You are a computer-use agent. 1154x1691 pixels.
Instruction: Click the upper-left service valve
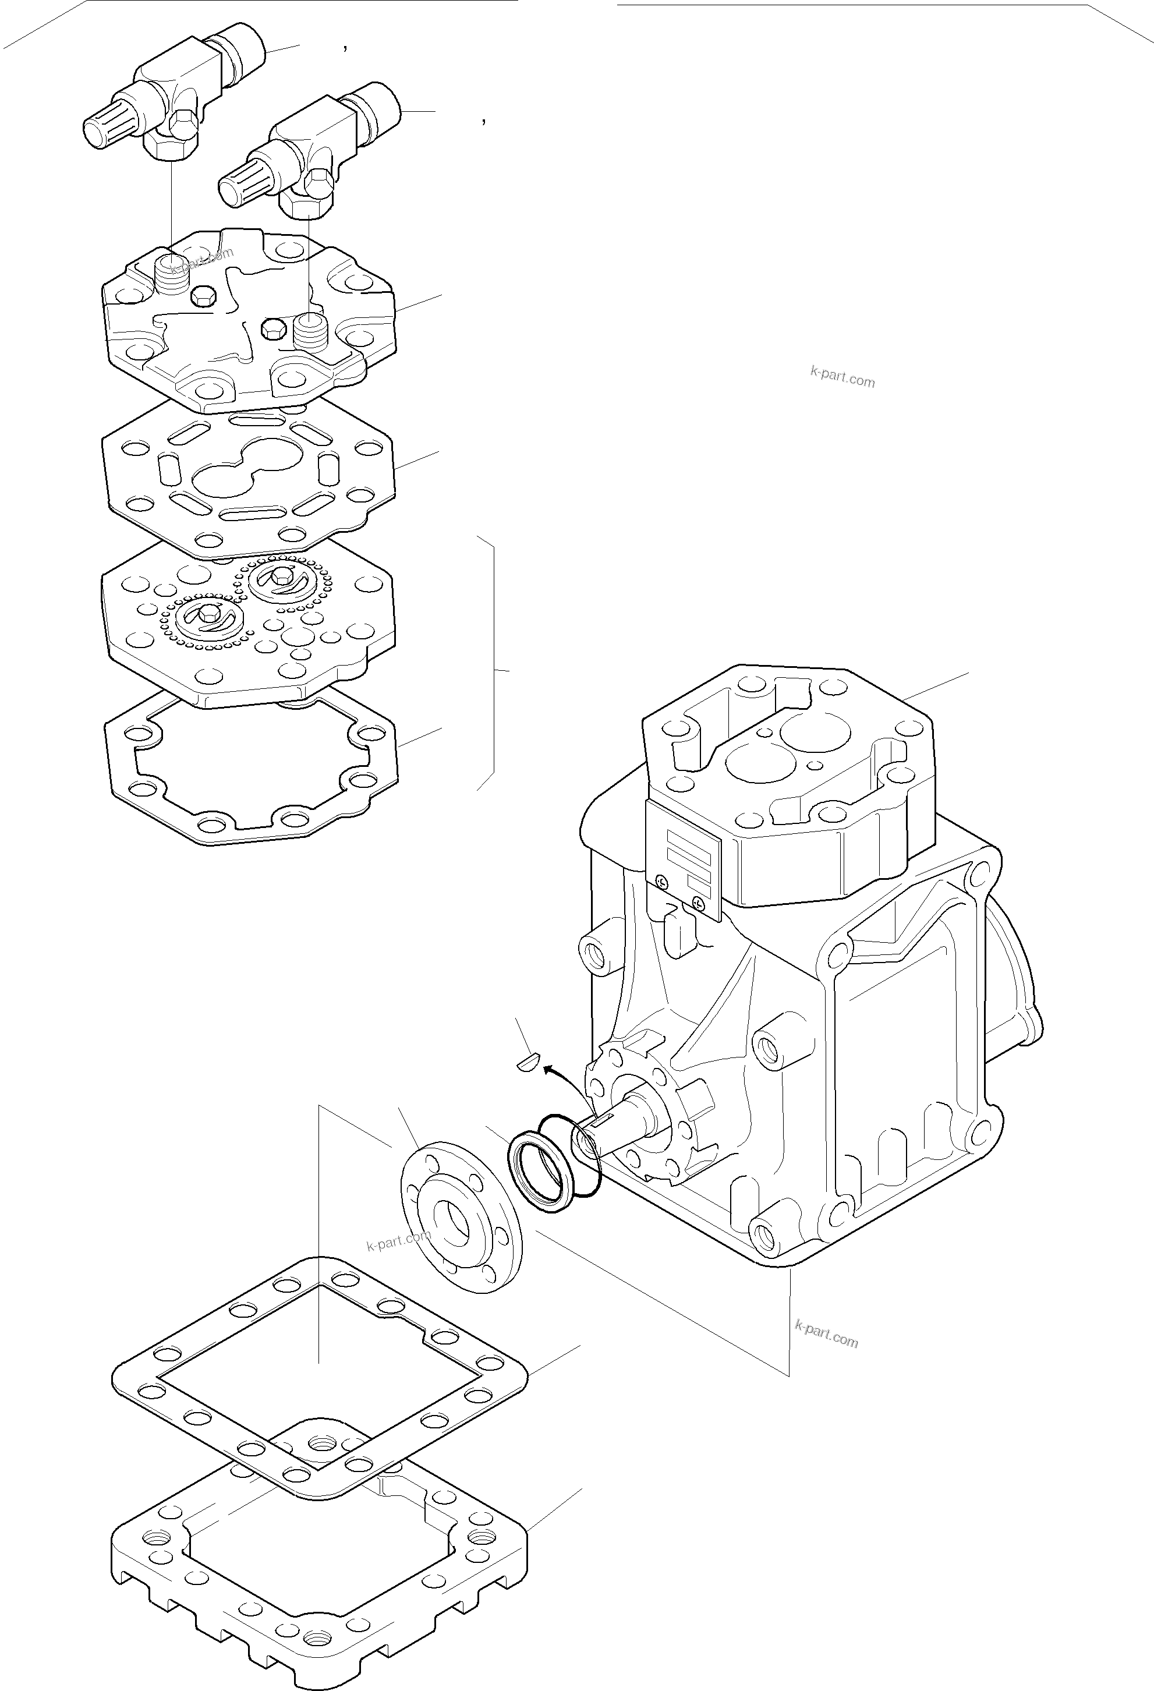pos(175,87)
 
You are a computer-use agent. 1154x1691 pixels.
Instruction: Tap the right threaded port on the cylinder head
pos(311,332)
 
